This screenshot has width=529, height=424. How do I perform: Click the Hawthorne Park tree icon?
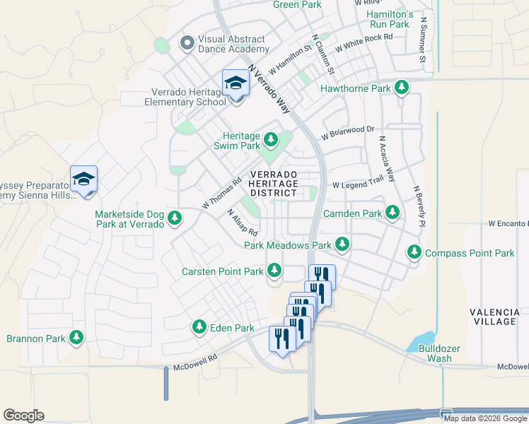tap(402, 88)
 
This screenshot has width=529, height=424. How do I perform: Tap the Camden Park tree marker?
tap(392, 212)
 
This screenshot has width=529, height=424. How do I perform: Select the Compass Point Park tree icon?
tap(414, 252)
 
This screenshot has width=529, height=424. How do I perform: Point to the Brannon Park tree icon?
tap(76, 338)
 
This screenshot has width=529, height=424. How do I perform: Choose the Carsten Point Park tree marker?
tap(274, 271)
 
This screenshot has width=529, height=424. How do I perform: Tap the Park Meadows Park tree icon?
tap(342, 245)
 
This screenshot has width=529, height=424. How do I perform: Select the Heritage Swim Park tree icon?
tap(271, 137)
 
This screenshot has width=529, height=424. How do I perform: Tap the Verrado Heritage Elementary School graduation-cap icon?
tap(236, 84)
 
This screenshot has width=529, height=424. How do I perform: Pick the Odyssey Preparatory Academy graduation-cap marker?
tap(83, 179)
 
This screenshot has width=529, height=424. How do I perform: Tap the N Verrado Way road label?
tap(269, 90)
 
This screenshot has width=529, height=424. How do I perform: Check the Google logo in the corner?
tap(23, 416)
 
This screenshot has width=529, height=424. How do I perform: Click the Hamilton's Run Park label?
tap(388, 19)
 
